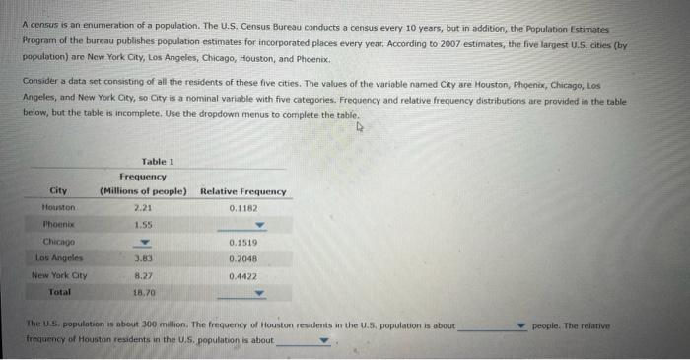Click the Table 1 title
click(157, 161)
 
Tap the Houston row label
click(59, 208)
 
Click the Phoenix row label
click(59, 225)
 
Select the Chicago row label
click(59, 242)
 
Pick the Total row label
click(59, 292)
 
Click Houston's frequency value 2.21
click(143, 208)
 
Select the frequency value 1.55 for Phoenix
click(143, 225)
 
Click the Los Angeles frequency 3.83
click(143, 258)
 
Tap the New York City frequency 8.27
click(143, 275)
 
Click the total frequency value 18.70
click(143, 292)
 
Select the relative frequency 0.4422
click(242, 275)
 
